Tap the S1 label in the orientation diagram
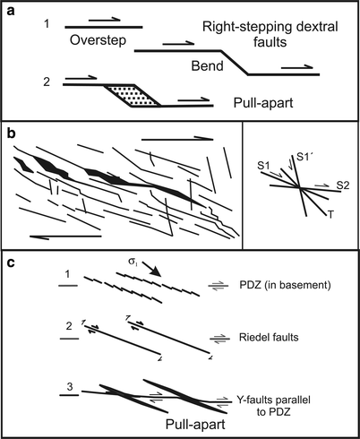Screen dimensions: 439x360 [x=264, y=166]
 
